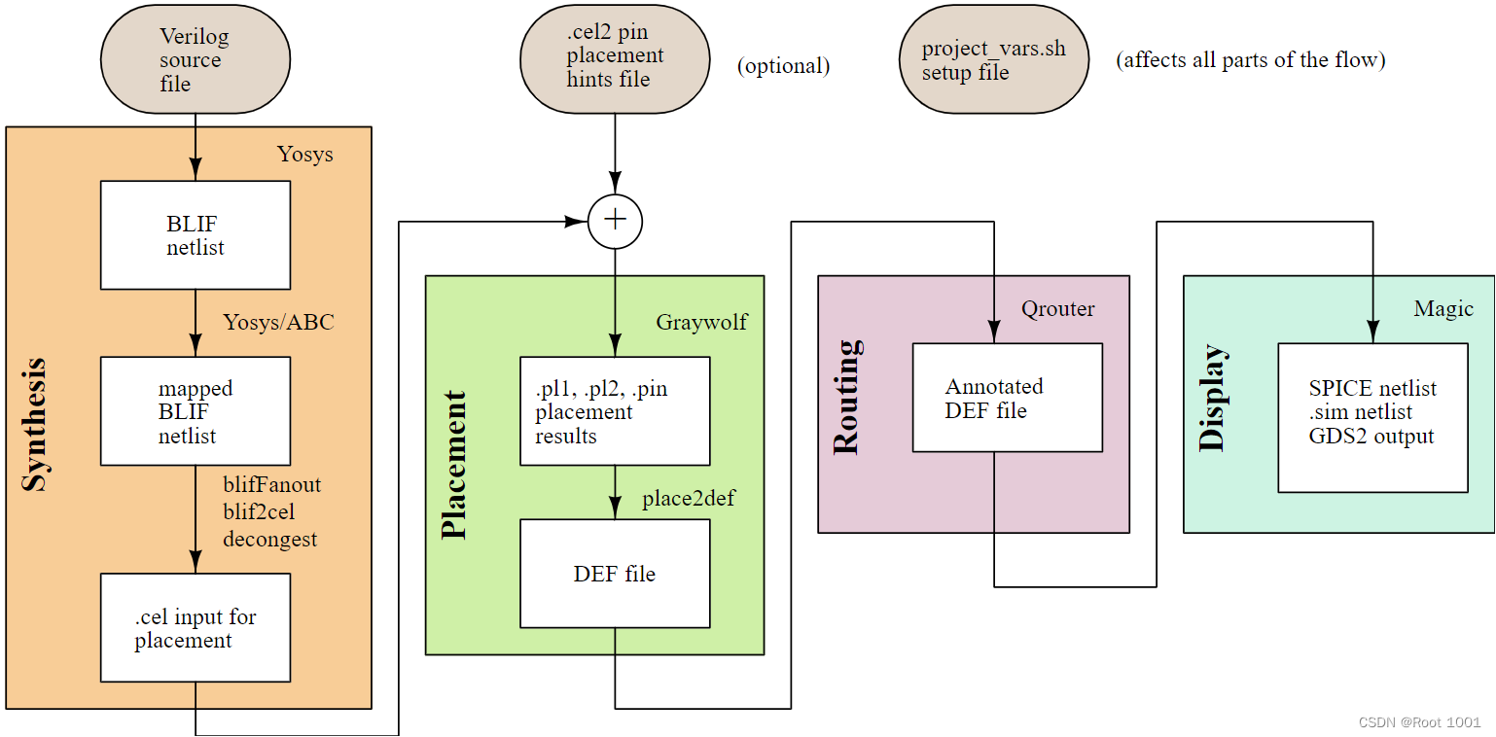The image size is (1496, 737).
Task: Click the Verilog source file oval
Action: (x=196, y=60)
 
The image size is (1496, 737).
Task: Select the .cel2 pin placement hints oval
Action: (x=615, y=58)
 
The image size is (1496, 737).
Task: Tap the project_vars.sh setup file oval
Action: (x=993, y=60)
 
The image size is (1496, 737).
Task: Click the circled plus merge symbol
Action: (x=615, y=221)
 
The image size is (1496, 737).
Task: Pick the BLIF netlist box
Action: (x=196, y=235)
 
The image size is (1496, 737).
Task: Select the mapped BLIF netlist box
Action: (x=196, y=411)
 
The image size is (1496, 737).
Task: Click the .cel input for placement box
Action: (x=196, y=627)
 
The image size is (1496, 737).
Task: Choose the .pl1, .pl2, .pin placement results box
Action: (x=615, y=411)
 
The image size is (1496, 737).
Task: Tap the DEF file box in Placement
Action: (x=615, y=574)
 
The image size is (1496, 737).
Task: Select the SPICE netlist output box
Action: (x=1372, y=417)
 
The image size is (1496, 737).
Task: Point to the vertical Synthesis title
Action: (x=35, y=425)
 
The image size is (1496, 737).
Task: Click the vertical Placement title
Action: (x=454, y=465)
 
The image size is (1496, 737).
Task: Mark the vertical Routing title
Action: (x=846, y=398)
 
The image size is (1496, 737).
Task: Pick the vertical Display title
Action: (x=1212, y=398)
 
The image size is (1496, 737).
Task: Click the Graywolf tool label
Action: (x=701, y=322)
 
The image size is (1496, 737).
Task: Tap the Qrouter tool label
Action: (x=1057, y=309)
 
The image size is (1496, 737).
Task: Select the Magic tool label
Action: (x=1443, y=309)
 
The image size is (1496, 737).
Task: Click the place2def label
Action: (x=688, y=500)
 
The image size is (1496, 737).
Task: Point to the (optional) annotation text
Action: (x=783, y=66)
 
